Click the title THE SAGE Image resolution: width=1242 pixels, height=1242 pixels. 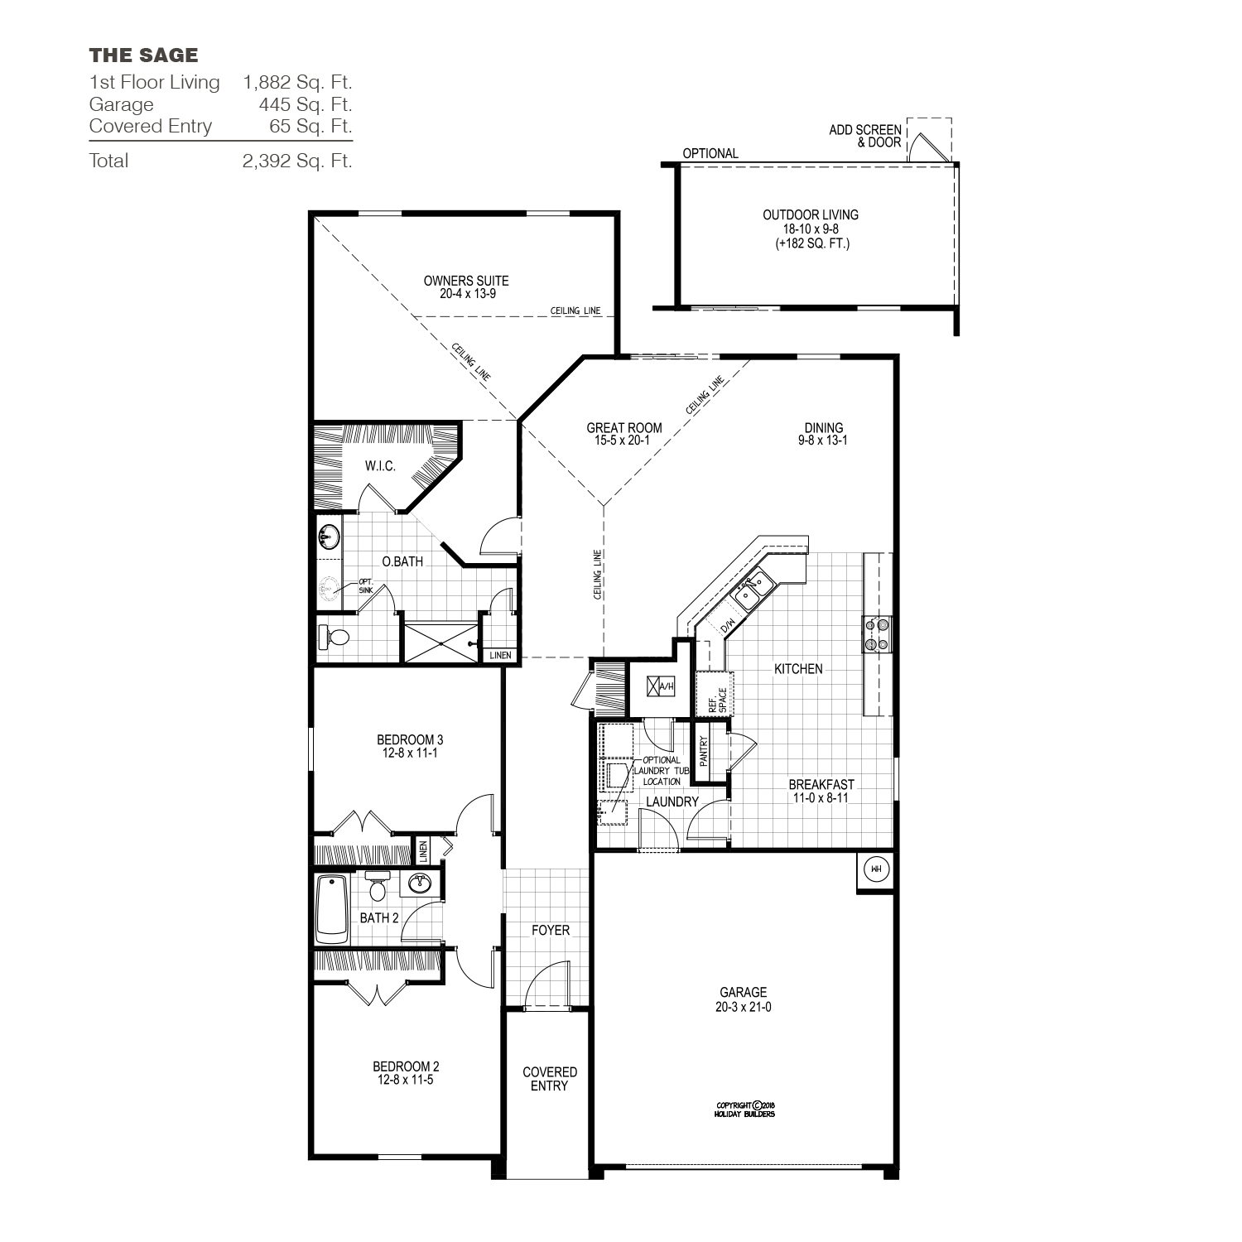(x=143, y=55)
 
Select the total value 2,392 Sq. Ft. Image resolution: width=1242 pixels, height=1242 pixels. (x=297, y=161)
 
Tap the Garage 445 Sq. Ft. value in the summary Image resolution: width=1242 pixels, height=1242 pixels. (x=305, y=104)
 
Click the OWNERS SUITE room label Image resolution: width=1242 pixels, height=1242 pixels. (x=466, y=281)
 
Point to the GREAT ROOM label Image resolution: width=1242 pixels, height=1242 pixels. (x=624, y=428)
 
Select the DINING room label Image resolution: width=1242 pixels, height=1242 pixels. (x=823, y=428)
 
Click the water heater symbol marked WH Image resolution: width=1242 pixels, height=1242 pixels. (x=875, y=869)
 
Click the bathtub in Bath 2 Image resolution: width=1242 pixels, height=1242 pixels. (x=332, y=909)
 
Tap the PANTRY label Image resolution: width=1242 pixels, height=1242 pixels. (x=704, y=752)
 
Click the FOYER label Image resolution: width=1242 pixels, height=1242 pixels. (x=551, y=931)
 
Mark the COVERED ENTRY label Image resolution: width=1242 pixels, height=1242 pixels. (x=550, y=1079)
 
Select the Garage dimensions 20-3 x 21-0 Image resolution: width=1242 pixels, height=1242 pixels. (x=744, y=1008)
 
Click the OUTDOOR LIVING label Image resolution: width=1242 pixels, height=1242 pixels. (x=811, y=215)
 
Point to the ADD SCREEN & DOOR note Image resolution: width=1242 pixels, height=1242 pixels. (x=865, y=137)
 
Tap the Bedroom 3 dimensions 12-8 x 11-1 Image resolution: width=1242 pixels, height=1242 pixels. (x=405, y=753)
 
